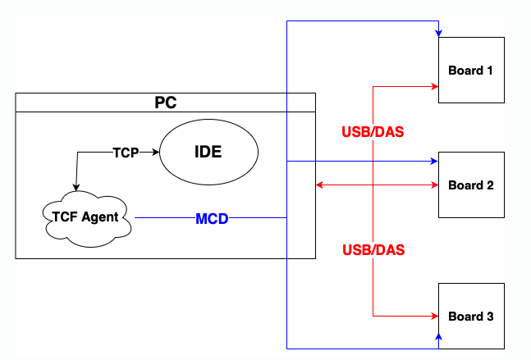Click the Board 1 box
point(471,70)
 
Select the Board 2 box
point(471,185)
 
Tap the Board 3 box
point(471,316)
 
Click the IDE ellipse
point(208,153)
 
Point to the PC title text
point(166,103)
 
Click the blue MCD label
point(212,219)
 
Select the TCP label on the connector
point(126,153)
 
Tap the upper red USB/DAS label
point(373,131)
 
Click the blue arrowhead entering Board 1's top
point(439,33)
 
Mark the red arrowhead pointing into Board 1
point(434,85)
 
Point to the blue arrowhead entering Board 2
point(434,162)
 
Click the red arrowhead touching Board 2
point(434,185)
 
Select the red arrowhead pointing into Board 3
point(434,315)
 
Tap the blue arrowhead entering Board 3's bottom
point(439,337)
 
